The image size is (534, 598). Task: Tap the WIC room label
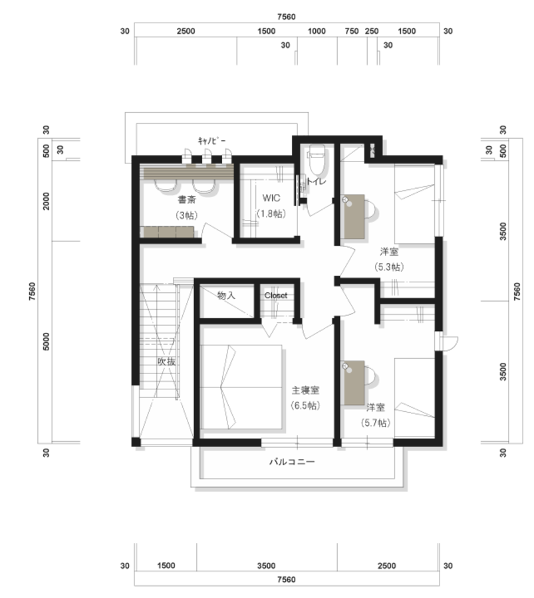click(271, 198)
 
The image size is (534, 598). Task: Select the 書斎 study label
click(187, 199)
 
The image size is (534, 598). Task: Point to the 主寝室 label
click(305, 390)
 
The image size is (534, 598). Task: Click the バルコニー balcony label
click(292, 462)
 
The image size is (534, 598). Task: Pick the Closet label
click(275, 296)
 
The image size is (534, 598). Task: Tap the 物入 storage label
click(226, 295)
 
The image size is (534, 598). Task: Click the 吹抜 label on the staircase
click(167, 361)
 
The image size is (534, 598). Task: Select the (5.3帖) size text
click(389, 267)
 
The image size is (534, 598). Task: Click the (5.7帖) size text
click(376, 423)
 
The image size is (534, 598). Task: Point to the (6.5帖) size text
click(305, 405)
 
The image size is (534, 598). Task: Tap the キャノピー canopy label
click(211, 141)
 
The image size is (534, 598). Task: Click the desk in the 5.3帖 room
click(354, 217)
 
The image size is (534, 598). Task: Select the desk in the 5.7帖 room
click(354, 383)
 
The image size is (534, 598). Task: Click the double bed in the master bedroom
click(241, 387)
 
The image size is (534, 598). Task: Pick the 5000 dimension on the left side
click(46, 342)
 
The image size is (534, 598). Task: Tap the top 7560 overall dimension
click(286, 17)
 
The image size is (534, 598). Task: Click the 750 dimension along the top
click(352, 31)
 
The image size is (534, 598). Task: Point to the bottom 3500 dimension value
click(266, 565)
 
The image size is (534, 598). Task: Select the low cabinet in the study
click(167, 232)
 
